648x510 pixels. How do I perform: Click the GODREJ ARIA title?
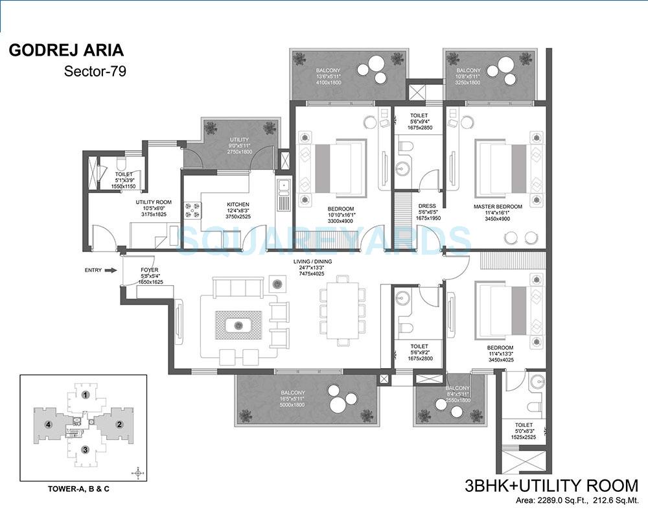coord(65,51)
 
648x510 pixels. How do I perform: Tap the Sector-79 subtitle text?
coord(95,71)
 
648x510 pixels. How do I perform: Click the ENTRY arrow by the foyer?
coord(110,270)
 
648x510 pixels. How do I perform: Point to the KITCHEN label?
coord(238,205)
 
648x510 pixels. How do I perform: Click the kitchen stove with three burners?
coord(193,209)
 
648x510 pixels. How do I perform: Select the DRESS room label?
coord(426,207)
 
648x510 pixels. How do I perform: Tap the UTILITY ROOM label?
coord(153,203)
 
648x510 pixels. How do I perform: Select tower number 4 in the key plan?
coord(48,424)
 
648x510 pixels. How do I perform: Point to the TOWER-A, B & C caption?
coord(84,489)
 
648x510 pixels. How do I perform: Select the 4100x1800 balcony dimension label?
coord(329,83)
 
